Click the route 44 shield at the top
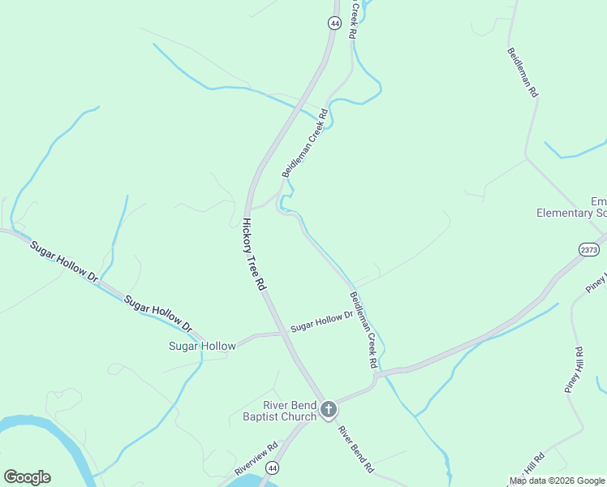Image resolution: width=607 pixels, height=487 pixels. click(334, 24)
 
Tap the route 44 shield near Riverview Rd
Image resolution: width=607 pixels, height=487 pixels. click(273, 468)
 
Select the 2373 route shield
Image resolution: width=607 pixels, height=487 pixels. click(590, 250)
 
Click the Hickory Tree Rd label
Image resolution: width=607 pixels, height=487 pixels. click(254, 254)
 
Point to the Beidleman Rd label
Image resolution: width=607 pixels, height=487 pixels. click(523, 73)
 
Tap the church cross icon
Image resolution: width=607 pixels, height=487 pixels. click(328, 410)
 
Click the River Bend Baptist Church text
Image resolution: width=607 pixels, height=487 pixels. click(279, 412)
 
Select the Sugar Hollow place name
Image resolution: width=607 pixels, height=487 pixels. click(202, 346)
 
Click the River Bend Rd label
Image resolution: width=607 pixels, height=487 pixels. click(355, 449)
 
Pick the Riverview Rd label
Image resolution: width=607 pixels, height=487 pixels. click(256, 458)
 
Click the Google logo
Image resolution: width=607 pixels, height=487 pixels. click(27, 477)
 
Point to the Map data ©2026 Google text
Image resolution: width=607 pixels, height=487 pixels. click(557, 481)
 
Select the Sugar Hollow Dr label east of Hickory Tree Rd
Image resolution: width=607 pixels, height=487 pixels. click(322, 321)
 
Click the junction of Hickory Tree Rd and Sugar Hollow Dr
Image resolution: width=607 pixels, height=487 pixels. click(279, 332)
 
